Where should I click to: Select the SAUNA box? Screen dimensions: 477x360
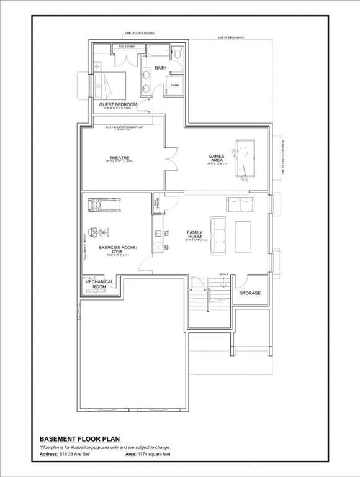(x=175, y=85)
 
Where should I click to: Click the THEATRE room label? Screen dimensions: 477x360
(x=121, y=158)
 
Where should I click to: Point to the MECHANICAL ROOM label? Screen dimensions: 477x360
(x=99, y=284)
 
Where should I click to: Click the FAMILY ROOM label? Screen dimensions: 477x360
(x=195, y=235)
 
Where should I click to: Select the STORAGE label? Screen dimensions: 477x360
(x=250, y=293)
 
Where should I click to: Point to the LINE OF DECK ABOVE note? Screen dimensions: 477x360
(x=231, y=38)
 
